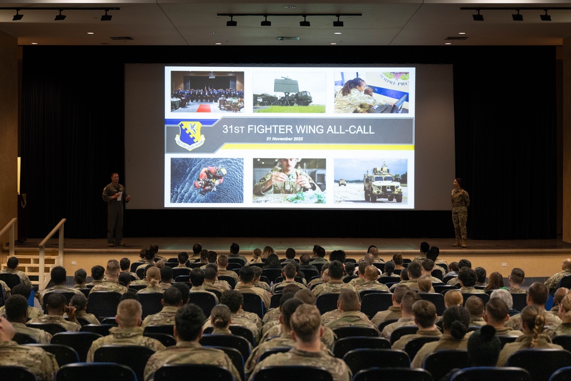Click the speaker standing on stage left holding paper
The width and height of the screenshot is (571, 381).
[115, 208]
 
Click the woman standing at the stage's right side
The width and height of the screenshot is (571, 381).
[460, 211]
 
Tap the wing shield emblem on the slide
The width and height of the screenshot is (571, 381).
[190, 135]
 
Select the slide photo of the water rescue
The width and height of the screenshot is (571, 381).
[207, 181]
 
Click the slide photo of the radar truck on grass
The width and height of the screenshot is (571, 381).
[289, 92]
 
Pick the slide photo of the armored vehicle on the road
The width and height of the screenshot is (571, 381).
[371, 181]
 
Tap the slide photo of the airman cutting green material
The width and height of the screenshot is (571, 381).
[289, 181]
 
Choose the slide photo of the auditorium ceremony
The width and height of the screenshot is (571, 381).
[207, 91]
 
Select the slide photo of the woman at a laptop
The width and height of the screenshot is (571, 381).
[371, 92]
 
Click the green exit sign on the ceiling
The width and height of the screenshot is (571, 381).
[288, 38]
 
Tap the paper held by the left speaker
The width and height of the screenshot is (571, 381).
[119, 196]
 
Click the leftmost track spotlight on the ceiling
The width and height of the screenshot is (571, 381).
[18, 16]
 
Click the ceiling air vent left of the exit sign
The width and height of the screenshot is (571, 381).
[122, 38]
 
